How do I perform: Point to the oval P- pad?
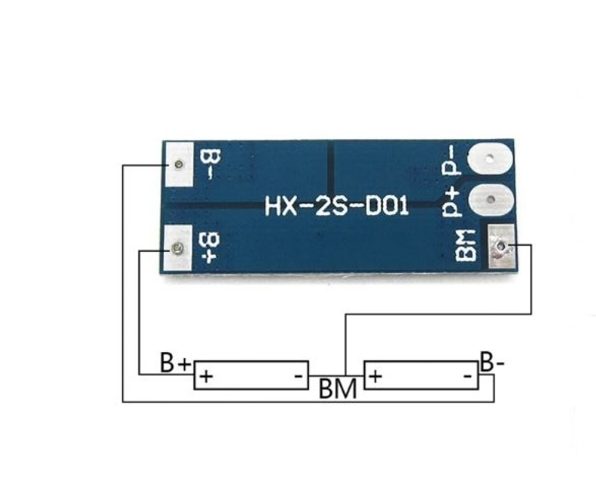point(490,160)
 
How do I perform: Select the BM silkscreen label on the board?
point(466,245)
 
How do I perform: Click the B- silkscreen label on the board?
point(211,164)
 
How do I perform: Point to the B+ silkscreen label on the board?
point(211,248)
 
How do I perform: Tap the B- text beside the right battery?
point(492,362)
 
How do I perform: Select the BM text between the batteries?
point(338,389)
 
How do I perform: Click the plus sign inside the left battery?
point(206,376)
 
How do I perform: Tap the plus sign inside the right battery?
point(375,376)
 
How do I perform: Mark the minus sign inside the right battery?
point(468,376)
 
